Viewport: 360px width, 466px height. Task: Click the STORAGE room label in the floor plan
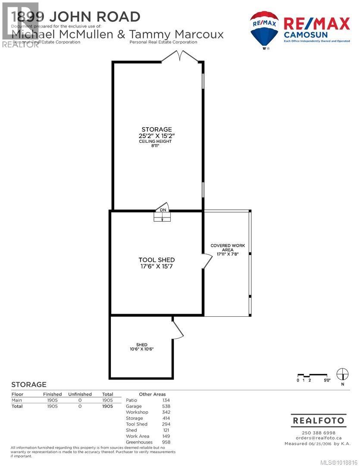[157, 129]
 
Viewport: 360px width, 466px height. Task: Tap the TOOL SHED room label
[157, 260]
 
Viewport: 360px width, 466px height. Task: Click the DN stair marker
[163, 210]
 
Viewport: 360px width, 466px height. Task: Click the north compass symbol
[342, 373]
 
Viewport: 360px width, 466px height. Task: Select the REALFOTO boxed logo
[319, 420]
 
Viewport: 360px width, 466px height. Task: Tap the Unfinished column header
[80, 394]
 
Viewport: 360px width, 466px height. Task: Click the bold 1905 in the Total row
[107, 406]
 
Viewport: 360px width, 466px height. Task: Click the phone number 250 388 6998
[318, 433]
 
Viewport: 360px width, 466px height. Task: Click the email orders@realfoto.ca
[318, 438]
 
